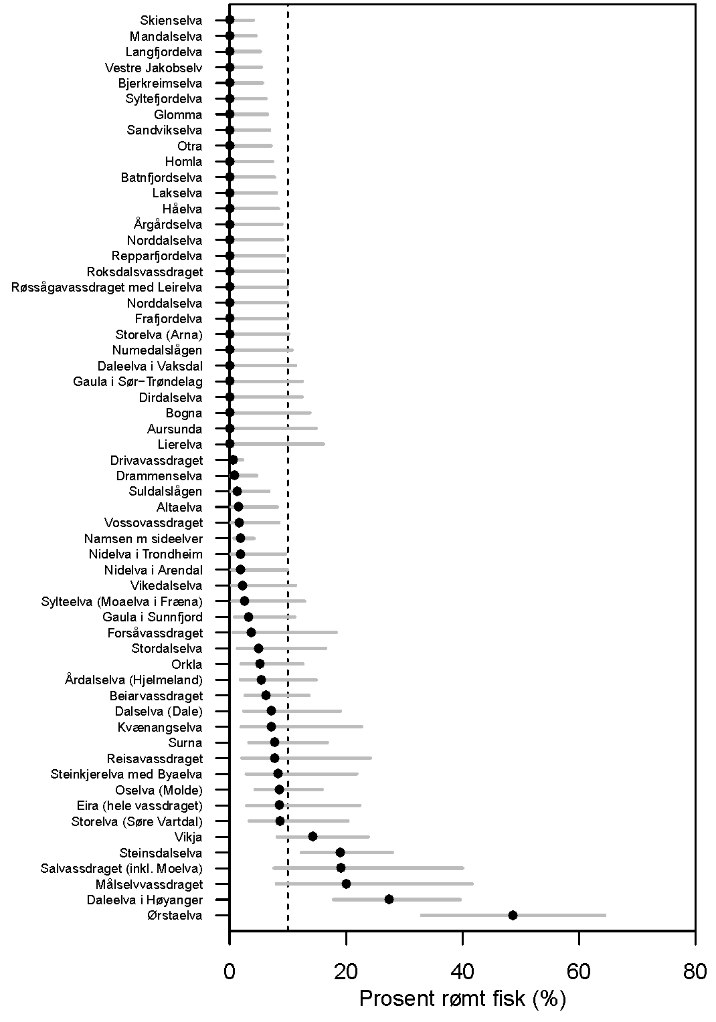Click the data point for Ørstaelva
(x=513, y=915)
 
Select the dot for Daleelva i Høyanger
(x=389, y=900)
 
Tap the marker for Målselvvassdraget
(x=346, y=884)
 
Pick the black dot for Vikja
(x=312, y=837)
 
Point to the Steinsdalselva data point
(x=340, y=852)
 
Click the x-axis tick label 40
(x=462, y=971)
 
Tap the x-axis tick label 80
(x=695, y=971)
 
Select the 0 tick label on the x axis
(x=230, y=971)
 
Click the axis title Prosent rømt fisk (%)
(x=462, y=999)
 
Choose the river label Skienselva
(x=171, y=21)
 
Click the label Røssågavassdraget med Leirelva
(x=107, y=288)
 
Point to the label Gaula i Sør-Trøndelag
(x=138, y=382)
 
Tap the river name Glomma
(x=178, y=115)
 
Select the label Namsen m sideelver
(x=143, y=538)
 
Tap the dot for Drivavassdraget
(x=233, y=460)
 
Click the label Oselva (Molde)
(x=159, y=790)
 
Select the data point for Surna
(x=274, y=742)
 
